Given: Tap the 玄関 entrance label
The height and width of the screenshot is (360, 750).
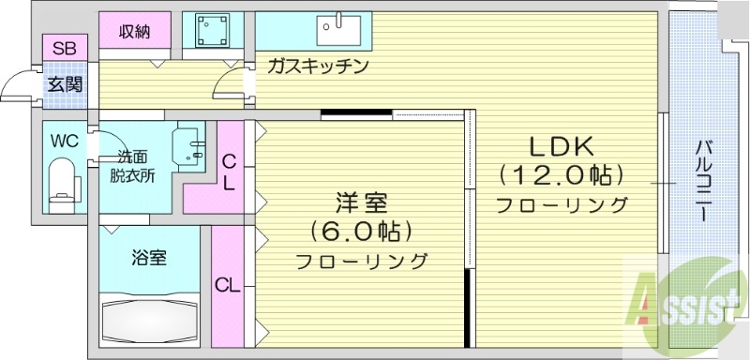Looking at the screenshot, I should [x=65, y=84].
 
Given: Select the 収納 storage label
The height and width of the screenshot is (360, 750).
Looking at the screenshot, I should [x=135, y=32].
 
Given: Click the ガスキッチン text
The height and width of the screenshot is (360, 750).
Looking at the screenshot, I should [x=315, y=67].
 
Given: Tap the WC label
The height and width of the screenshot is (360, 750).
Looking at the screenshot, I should [x=65, y=142].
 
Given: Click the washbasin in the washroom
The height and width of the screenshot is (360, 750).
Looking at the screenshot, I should [x=193, y=147].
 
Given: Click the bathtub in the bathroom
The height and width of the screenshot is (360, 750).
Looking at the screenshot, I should [x=149, y=318].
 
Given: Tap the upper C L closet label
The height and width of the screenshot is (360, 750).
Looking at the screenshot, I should [x=228, y=172].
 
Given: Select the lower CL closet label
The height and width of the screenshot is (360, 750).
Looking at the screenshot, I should [x=227, y=285].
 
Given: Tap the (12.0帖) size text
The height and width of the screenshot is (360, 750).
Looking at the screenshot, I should [x=561, y=174].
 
